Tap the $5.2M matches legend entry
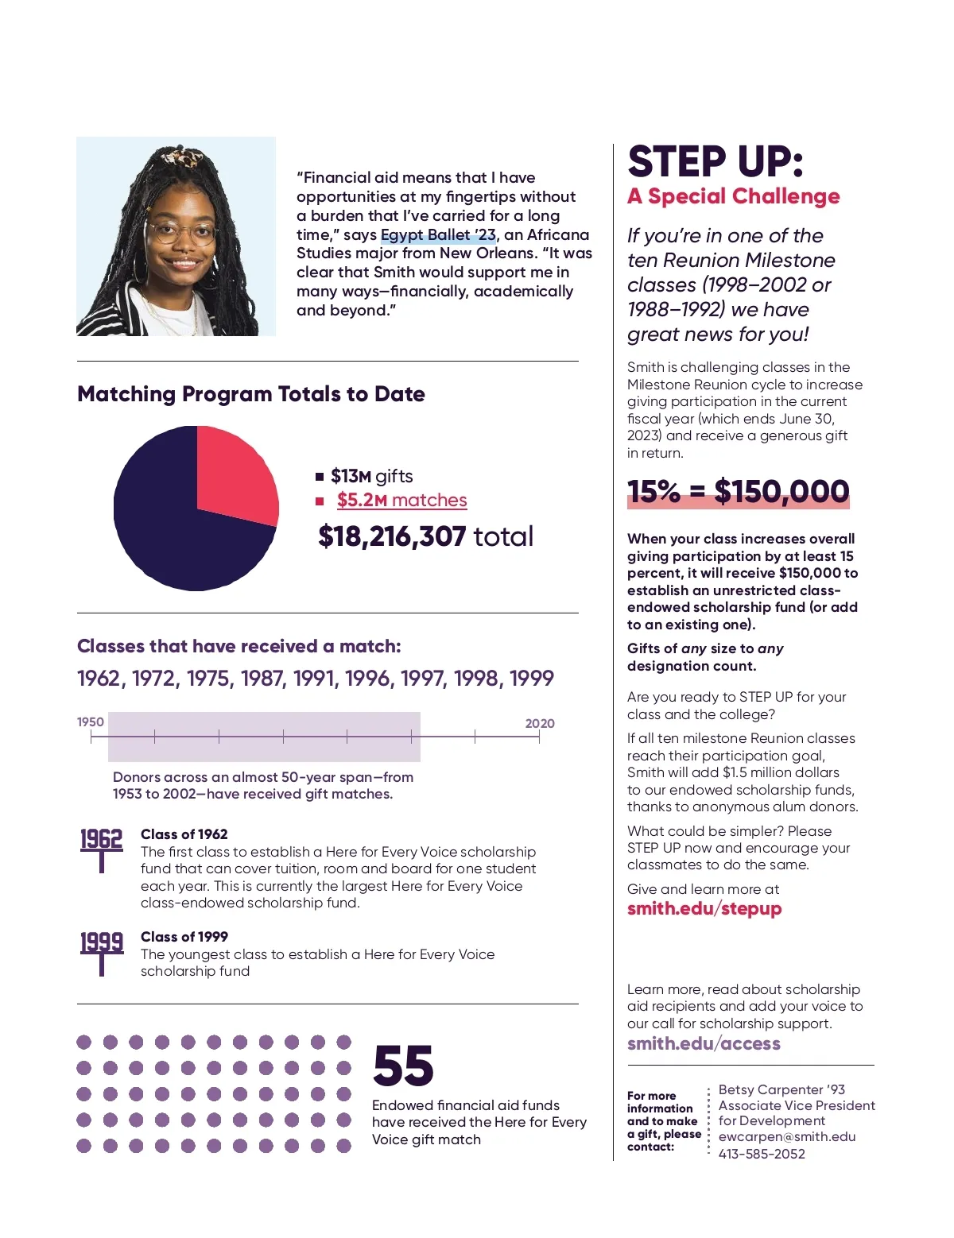pyautogui.click(x=401, y=501)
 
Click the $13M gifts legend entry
pyautogui.click(x=371, y=477)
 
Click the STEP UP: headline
pyautogui.click(x=715, y=162)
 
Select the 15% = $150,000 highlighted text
pyautogui.click(x=738, y=492)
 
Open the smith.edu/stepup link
pyautogui.click(x=704, y=909)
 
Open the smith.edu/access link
pyautogui.click(x=704, y=1044)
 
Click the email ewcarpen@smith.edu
pyautogui.click(x=787, y=1137)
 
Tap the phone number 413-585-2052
pyautogui.click(x=762, y=1154)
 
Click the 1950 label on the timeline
pyautogui.click(x=91, y=722)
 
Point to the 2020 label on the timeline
pyautogui.click(x=540, y=723)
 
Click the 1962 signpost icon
pyautogui.click(x=102, y=849)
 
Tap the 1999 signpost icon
pyautogui.click(x=102, y=952)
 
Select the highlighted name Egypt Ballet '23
pyautogui.click(x=438, y=235)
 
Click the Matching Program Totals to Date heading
pyautogui.click(x=251, y=394)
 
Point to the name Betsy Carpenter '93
pyautogui.click(x=781, y=1089)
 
